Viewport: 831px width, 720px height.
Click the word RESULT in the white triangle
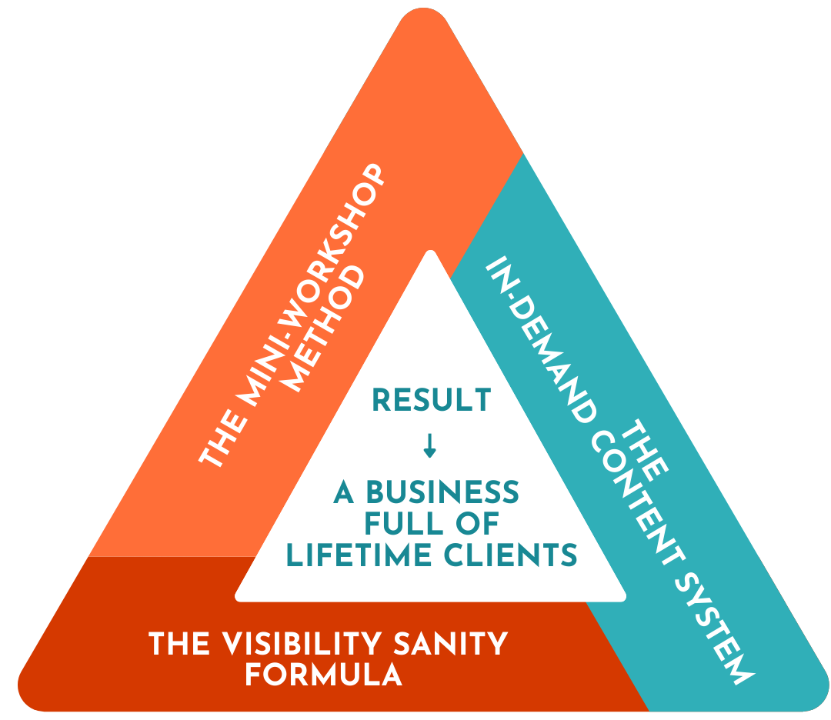[431, 401]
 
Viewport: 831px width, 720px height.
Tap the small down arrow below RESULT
[429, 446]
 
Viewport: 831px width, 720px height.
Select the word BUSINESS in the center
[441, 492]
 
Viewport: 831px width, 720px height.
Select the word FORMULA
[323, 675]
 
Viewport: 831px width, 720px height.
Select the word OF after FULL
[476, 524]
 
